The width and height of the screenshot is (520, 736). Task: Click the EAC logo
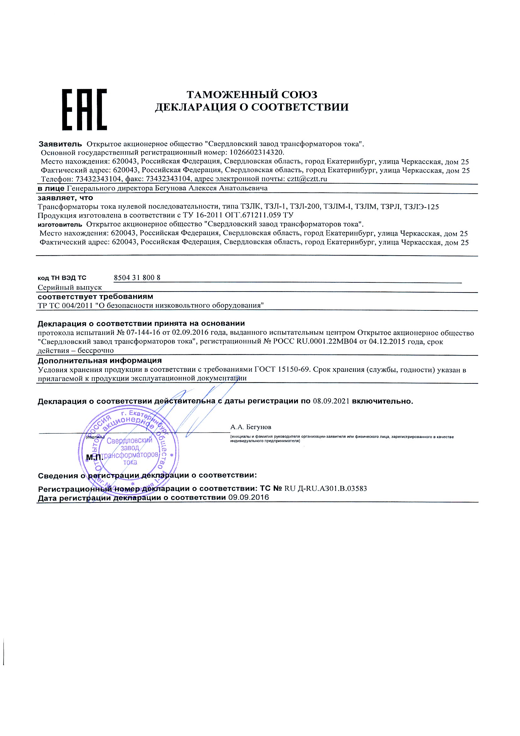84,109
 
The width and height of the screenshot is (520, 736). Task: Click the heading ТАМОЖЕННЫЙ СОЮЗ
252,94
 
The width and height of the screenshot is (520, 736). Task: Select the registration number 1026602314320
257,152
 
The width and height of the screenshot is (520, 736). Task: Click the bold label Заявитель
60,144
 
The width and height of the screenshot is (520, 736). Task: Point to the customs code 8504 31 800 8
137,278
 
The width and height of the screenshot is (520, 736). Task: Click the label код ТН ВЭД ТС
62,278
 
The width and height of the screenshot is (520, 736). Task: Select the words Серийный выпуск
70,287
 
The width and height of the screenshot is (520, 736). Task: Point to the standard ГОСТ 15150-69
282,370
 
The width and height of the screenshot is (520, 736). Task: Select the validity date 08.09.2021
331,401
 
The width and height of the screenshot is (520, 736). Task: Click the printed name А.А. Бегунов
250,427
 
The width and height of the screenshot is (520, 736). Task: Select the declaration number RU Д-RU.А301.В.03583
326,489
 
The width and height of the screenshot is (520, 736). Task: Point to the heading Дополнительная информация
100,361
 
